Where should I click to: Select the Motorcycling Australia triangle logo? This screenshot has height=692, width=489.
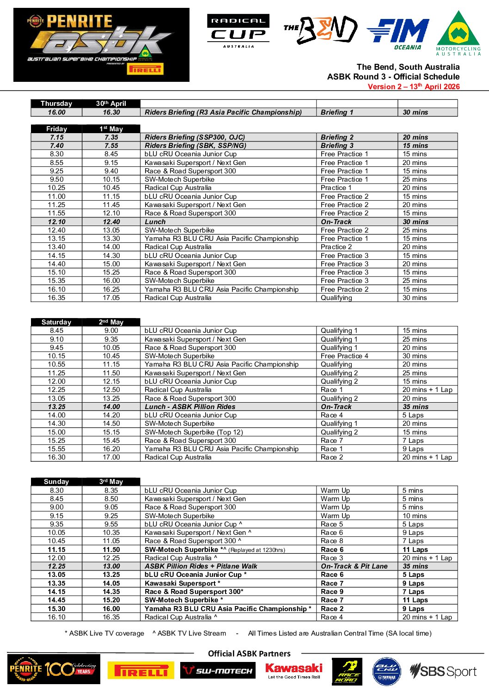click(458, 33)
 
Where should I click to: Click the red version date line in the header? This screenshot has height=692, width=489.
click(413, 86)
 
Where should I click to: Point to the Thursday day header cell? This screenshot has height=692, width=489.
click(56, 104)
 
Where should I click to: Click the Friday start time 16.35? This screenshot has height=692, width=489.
click(56, 298)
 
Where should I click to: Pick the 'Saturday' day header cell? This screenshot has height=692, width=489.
click(56, 322)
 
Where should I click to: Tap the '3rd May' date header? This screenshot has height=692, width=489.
click(111, 482)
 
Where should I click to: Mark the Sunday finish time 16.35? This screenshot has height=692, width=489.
click(111, 617)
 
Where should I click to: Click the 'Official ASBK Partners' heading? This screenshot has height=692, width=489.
click(249, 654)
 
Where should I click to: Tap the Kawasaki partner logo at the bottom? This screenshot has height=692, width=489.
click(294, 670)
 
